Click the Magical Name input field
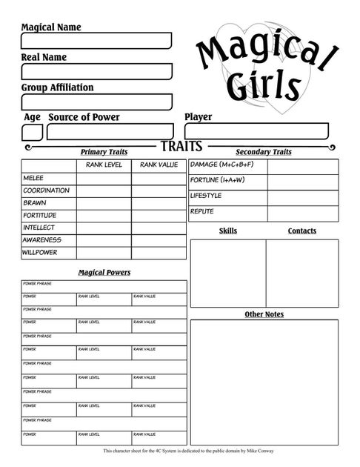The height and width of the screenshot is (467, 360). (x=96, y=41)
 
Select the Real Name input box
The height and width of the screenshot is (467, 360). (x=96, y=71)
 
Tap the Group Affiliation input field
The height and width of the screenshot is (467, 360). (x=96, y=102)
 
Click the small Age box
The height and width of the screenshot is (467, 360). (x=32, y=132)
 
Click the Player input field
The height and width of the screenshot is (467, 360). (x=256, y=132)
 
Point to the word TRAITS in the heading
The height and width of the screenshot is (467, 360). (x=181, y=147)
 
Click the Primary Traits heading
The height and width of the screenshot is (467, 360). (x=103, y=152)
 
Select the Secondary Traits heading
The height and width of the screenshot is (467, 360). (x=263, y=152)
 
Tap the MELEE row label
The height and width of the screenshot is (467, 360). (x=33, y=178)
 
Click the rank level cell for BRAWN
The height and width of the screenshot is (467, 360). (x=104, y=203)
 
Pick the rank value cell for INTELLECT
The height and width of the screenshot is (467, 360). (x=159, y=228)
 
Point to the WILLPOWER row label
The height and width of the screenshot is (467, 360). (x=40, y=253)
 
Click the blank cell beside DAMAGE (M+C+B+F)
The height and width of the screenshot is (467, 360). (x=302, y=165)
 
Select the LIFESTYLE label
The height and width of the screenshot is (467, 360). (x=206, y=196)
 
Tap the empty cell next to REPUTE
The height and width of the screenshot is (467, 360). (x=302, y=213)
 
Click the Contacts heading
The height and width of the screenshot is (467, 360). (x=301, y=231)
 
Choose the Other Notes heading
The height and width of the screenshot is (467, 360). (x=264, y=314)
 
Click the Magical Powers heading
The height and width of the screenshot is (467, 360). (x=104, y=273)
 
